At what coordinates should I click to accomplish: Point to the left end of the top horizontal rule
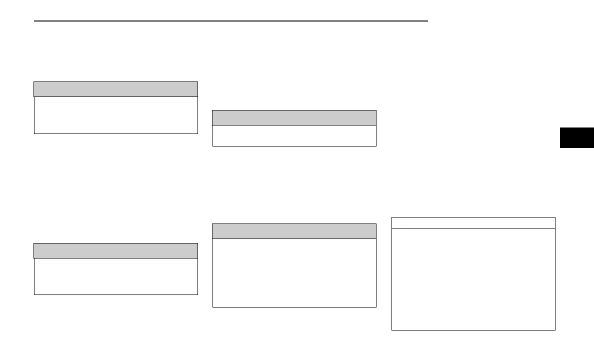point(34,21)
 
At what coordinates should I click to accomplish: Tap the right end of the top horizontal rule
point(427,21)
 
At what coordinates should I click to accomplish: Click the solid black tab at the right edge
point(576,137)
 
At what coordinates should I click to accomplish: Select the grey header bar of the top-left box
point(115,89)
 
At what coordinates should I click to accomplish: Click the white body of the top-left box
point(115,115)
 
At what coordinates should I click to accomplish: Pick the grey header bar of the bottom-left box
point(115,250)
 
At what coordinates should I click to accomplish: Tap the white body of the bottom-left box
point(115,276)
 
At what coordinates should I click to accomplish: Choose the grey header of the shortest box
point(294,117)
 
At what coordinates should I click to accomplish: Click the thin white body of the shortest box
point(294,135)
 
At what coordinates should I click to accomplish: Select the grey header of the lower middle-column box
point(294,231)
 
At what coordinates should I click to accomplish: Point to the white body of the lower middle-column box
point(294,272)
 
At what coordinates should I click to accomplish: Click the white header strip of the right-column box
point(473,223)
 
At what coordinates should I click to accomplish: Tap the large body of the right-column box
point(473,279)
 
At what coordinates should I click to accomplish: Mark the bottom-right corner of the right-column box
point(555,330)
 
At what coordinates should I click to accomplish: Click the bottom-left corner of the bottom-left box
point(34,294)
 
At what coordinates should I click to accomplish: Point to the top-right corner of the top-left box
point(197,82)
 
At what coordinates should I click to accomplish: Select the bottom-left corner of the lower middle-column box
point(212,306)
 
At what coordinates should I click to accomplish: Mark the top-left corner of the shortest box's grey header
point(212,110)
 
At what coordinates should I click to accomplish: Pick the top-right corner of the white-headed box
point(555,217)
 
